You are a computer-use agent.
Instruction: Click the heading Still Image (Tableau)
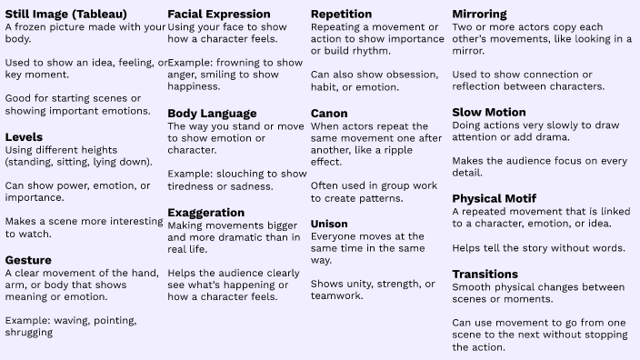click(x=66, y=15)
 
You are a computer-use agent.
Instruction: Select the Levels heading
click(x=25, y=137)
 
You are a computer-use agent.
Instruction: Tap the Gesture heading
click(x=28, y=260)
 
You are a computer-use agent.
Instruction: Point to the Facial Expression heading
click(x=219, y=15)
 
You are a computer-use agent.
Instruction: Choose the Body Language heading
click(x=212, y=113)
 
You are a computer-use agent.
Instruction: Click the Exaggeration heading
click(x=206, y=213)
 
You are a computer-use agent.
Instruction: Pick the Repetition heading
click(x=342, y=15)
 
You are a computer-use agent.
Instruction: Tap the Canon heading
click(x=329, y=113)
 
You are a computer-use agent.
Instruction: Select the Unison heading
click(x=330, y=224)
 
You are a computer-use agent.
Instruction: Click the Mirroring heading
click(x=480, y=15)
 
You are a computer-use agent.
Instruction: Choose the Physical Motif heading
click(x=495, y=198)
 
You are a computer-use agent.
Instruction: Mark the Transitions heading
click(x=485, y=274)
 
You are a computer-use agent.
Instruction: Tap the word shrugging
click(x=28, y=333)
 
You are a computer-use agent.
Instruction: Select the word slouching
click(x=249, y=174)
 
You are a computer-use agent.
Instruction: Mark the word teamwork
click(x=337, y=296)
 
